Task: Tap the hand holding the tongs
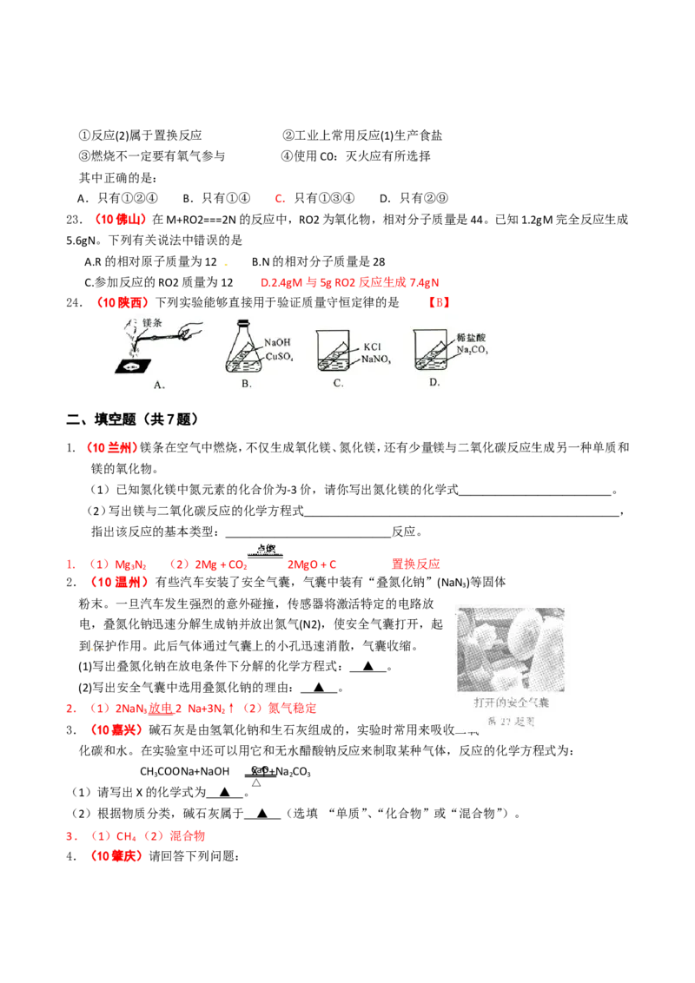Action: click(193, 330)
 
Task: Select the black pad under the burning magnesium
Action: click(134, 366)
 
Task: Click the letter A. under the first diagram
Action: click(159, 385)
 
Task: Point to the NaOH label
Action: click(277, 342)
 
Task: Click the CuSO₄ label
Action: click(278, 355)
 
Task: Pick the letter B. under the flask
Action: click(246, 384)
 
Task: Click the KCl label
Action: click(373, 346)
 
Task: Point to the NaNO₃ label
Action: click(376, 357)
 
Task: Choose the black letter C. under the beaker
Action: click(338, 383)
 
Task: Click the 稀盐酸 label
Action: click(470, 335)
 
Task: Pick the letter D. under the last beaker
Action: click(434, 382)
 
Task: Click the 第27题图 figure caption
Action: click(513, 722)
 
